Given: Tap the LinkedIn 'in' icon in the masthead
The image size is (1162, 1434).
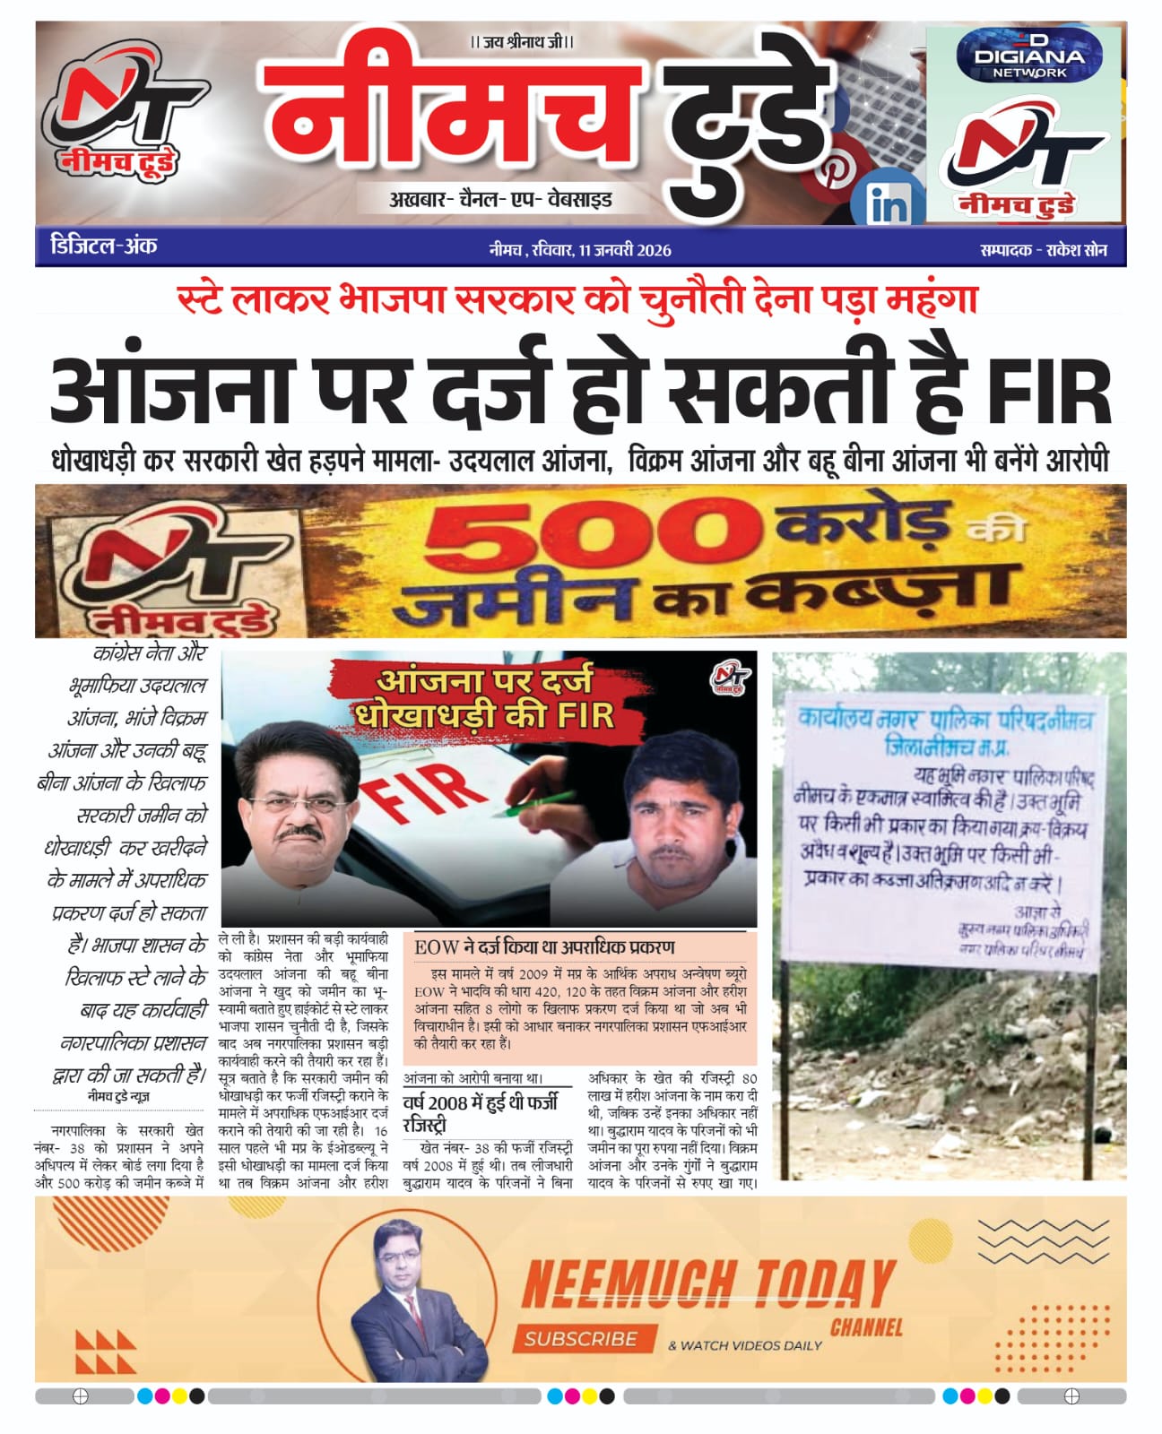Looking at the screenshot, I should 888,204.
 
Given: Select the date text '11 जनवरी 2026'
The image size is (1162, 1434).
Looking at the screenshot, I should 625,250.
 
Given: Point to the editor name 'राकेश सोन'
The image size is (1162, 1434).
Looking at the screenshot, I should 1076,250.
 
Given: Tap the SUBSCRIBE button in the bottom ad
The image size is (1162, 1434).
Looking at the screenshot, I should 581,1338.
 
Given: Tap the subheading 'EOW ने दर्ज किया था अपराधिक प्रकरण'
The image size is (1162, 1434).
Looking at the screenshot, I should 544,946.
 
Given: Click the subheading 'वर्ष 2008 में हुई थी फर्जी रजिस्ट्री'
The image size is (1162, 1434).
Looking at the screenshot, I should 481,1112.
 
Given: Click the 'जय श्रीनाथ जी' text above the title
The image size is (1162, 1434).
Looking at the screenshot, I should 523,41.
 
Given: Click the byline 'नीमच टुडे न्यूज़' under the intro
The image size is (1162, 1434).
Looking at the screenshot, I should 118,1096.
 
